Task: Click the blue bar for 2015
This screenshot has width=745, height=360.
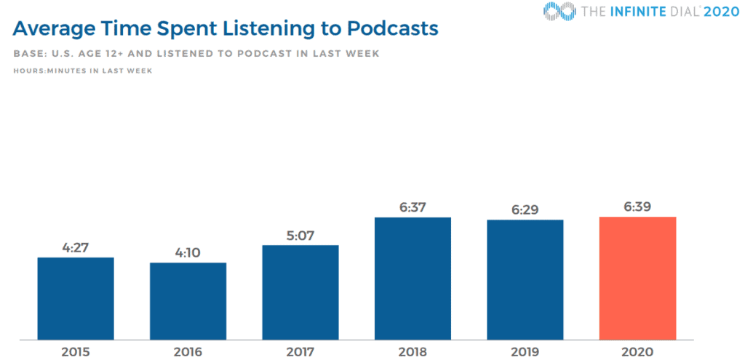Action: (x=76, y=298)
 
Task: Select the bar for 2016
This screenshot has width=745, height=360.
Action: (x=188, y=300)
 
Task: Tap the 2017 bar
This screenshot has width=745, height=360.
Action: (x=300, y=292)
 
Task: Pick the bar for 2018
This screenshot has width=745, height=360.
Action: (x=413, y=278)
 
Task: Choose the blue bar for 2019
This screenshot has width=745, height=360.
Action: (x=525, y=279)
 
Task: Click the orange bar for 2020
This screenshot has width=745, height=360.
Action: (x=637, y=278)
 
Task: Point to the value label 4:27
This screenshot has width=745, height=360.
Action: (x=76, y=247)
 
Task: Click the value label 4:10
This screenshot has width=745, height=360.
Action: (x=188, y=252)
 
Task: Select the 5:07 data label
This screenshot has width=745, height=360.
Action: (x=300, y=235)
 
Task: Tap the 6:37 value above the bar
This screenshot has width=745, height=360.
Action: (x=413, y=207)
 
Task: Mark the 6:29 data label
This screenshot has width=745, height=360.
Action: (x=525, y=210)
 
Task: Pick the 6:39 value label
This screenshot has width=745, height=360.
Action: (x=637, y=207)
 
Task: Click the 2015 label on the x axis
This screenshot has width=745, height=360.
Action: (x=76, y=352)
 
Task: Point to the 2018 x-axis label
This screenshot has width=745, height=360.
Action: (x=413, y=352)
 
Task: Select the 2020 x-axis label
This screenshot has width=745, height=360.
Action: (x=637, y=352)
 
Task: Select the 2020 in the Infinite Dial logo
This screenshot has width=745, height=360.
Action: (x=722, y=11)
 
